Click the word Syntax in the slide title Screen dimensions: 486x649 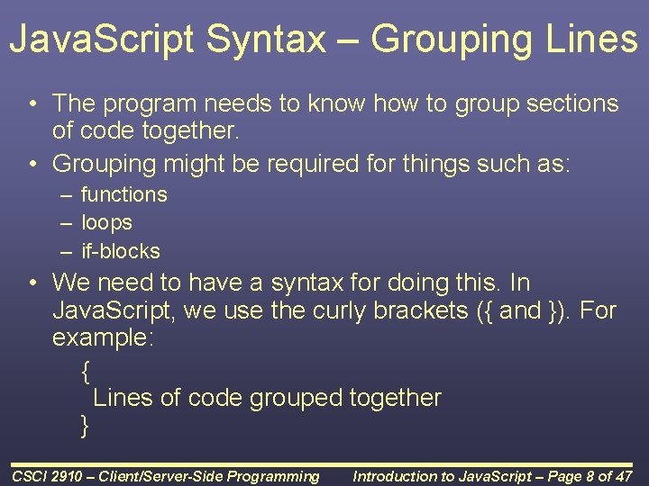280,40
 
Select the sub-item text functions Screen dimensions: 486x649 123,194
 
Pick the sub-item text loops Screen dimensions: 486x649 106,222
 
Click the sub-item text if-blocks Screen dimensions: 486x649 120,251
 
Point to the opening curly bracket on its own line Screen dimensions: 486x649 86,369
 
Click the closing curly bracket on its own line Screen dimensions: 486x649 86,426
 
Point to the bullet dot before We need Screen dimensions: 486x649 32,283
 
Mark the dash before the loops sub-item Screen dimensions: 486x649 67,222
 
